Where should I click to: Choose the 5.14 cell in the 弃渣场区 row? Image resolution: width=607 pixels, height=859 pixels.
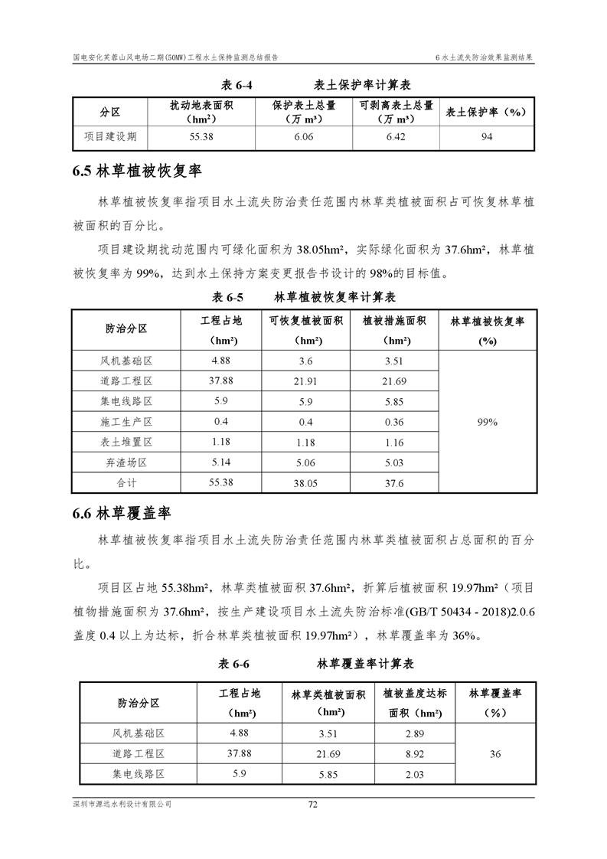pos(221,462)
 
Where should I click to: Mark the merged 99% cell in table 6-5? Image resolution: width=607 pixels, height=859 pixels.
pos(488,422)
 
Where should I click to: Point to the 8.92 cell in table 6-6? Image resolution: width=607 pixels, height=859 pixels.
pos(414,754)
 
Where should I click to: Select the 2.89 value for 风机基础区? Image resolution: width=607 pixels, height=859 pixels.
pos(414,734)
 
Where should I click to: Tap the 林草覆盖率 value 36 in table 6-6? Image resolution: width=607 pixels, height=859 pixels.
pos(495,754)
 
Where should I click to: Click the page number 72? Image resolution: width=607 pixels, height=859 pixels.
pos(312,804)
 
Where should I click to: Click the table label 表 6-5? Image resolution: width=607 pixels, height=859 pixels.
pos(227,296)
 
